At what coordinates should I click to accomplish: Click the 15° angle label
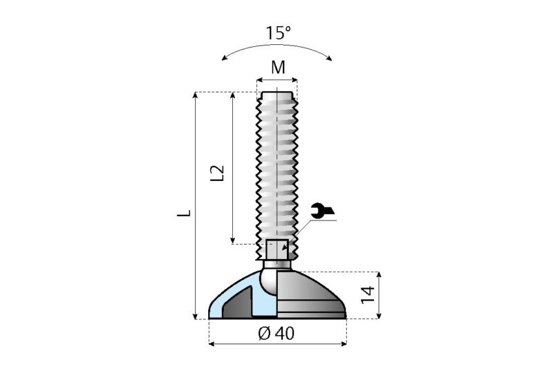pyautogui.click(x=279, y=32)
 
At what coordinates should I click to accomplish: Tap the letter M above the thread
pyautogui.click(x=278, y=67)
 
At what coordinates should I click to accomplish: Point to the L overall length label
pyautogui.click(x=183, y=214)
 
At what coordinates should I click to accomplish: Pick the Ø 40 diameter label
pyautogui.click(x=276, y=333)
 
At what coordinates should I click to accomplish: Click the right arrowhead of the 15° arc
pyautogui.click(x=330, y=57)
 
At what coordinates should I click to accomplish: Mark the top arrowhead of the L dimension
pyautogui.click(x=196, y=96)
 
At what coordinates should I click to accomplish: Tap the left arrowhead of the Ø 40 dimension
pyautogui.click(x=212, y=343)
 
